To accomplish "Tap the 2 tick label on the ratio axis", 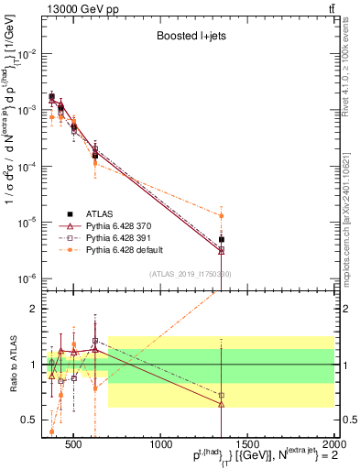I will click(x=38, y=309).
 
